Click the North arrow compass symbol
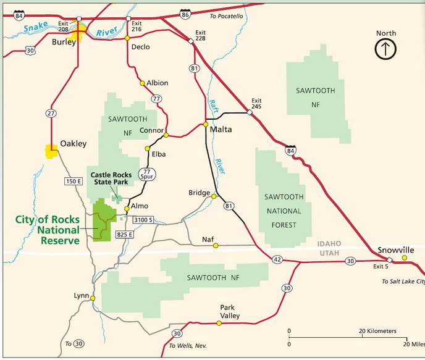385,49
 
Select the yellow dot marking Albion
142,83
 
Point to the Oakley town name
73,144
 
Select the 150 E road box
74,181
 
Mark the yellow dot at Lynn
93,298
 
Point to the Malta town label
221,130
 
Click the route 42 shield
277,259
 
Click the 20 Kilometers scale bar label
378,332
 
